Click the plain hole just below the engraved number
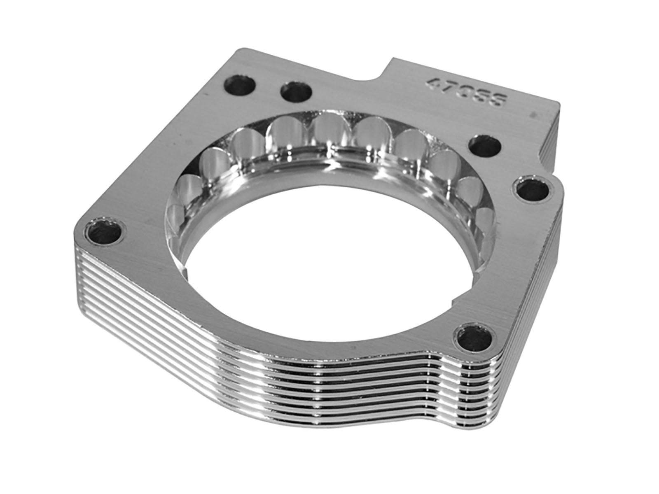(485, 145)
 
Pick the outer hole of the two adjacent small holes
(240, 85)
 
